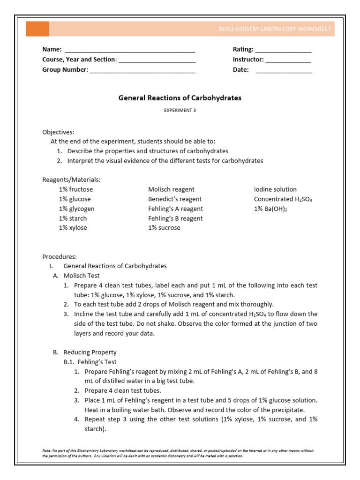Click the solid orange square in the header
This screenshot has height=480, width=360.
pos(37,29)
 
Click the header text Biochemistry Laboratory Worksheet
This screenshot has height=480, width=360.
pos(275,29)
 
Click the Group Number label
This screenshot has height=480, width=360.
pos(65,70)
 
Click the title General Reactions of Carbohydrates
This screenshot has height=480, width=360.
pos(180,98)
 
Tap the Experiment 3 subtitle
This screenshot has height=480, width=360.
pos(180,110)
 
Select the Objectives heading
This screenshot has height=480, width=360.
pos(58,132)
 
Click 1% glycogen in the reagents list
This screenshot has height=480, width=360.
pos(76,209)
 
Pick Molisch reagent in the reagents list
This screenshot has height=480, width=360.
pos(171,189)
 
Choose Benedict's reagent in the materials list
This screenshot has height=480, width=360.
pos(175,199)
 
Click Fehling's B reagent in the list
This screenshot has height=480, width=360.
pos(175,218)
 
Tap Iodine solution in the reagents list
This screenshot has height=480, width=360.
pos(275,189)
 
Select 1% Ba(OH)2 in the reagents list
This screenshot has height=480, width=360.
pos(270,209)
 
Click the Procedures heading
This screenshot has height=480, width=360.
pos(59,256)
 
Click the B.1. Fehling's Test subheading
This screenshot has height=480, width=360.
pos(90,362)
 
